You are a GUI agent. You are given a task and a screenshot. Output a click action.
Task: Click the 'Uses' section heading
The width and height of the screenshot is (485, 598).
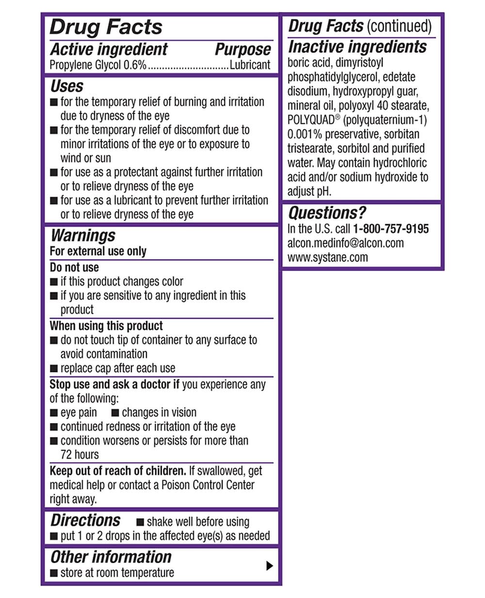(67, 86)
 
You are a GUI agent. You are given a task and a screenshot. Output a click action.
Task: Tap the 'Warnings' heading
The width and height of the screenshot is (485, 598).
(83, 235)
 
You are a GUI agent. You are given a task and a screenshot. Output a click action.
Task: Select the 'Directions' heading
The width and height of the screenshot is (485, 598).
(85, 520)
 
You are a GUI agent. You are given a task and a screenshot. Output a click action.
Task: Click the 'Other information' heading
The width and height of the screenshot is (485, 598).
(111, 557)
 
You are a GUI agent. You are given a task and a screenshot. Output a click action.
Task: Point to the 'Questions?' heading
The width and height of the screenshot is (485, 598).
(327, 213)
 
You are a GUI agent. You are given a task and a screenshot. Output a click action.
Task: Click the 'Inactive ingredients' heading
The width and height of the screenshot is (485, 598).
(357, 47)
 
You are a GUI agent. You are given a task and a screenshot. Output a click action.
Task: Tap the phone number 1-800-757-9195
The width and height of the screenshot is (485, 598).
(391, 229)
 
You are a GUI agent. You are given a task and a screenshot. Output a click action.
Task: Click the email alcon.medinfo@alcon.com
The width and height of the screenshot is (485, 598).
(345, 243)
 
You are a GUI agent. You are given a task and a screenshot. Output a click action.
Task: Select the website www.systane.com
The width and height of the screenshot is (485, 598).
(327, 257)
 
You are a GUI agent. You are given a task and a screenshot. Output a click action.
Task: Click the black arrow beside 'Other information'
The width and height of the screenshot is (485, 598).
(270, 565)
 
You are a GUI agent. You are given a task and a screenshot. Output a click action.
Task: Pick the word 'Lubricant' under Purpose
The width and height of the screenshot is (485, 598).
(250, 65)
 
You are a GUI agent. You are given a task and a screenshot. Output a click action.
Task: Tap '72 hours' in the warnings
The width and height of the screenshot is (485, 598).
(80, 455)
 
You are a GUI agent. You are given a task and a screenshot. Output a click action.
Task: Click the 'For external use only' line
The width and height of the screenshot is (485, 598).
(98, 251)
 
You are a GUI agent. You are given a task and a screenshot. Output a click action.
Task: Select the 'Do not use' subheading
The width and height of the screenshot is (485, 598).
(74, 267)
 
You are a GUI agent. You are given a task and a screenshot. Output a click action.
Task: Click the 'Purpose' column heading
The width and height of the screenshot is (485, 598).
(243, 50)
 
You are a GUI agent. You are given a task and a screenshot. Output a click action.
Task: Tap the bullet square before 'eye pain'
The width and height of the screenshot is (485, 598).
(54, 413)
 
